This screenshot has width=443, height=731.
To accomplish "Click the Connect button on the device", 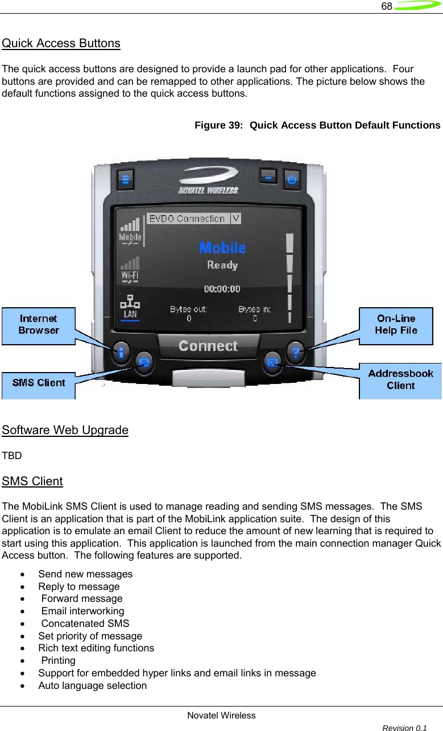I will [x=208, y=346].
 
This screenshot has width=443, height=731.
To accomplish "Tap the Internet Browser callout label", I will [x=38, y=324].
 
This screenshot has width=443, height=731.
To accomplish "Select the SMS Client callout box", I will [x=38, y=382].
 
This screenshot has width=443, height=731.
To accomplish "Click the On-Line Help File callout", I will [x=396, y=325].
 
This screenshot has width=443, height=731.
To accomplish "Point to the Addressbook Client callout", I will [x=400, y=379].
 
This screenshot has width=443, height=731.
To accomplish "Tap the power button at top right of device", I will [x=292, y=179].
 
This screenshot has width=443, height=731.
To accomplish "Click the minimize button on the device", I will [x=268, y=177].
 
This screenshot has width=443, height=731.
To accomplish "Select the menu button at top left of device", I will [x=126, y=180].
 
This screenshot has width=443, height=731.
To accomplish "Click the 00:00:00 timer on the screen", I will [x=222, y=289].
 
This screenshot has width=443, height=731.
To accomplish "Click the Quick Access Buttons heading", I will [x=61, y=43].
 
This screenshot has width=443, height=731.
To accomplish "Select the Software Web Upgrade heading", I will [x=65, y=429].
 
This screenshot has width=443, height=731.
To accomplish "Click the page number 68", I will [x=386, y=6].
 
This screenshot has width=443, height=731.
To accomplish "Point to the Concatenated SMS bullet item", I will [x=85, y=623].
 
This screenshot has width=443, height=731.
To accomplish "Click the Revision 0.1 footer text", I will [x=405, y=728].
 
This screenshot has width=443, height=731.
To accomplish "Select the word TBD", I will [x=12, y=456].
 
